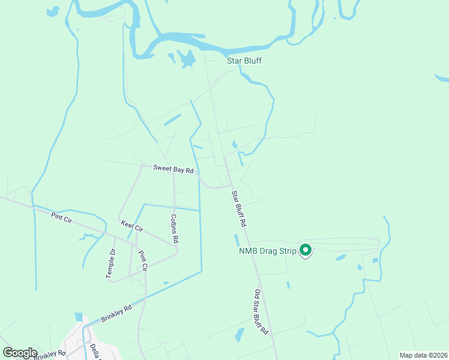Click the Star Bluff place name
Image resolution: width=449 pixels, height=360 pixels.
244,61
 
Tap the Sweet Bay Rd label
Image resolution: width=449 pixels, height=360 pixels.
173,170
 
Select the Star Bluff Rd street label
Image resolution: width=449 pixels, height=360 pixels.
240,208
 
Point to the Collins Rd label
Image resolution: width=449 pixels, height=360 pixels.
175,229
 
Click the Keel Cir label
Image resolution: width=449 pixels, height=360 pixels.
132,226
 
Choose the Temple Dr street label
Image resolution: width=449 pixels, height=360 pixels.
110,263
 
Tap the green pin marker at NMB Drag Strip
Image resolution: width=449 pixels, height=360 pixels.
306,250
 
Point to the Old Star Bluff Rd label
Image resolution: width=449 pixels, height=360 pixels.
260,312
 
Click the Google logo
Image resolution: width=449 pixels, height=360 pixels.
20,353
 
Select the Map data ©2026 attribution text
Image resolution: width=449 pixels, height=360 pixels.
424,355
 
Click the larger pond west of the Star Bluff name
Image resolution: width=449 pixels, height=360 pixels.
187,58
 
